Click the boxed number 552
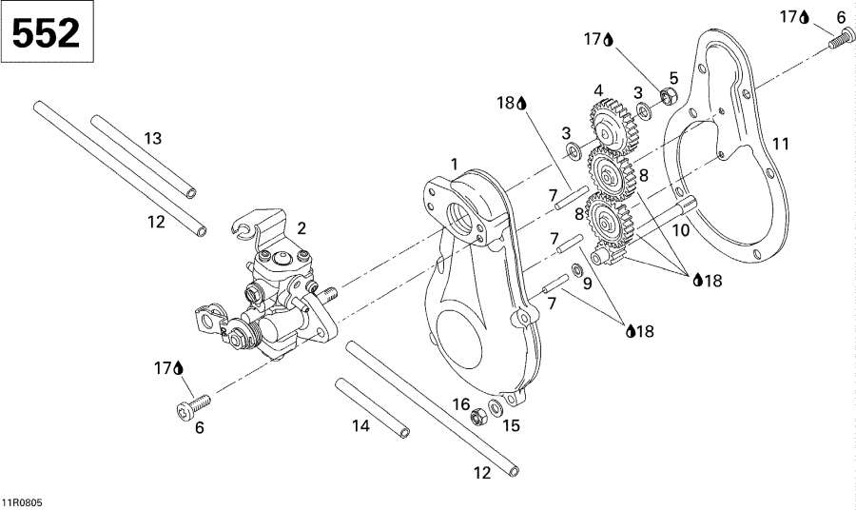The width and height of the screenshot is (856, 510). coord(46,32)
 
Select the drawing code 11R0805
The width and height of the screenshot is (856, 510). coord(22,502)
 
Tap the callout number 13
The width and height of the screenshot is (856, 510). coord(153,138)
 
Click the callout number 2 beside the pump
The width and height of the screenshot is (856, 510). coord(302,228)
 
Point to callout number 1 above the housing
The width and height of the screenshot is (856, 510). coord(455,164)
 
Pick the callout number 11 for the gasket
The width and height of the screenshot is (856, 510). coord(781,144)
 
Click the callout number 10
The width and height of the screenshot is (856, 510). coord(681,230)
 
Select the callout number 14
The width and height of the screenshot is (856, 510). coord(360,425)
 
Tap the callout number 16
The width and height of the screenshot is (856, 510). coord(461,404)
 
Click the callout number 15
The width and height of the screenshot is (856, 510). coord(511,425)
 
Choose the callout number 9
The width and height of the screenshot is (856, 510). coord(588,284)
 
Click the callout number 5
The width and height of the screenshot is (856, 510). coord(673,78)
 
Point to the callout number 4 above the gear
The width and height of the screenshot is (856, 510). coord(598,90)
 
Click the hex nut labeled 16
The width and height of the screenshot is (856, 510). coord(478,417)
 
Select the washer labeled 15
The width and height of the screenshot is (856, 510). coord(496,407)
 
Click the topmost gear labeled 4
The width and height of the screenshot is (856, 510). coord(613,127)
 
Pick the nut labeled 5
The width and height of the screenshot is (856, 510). coord(669,96)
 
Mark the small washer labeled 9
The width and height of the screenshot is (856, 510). coord(576,269)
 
